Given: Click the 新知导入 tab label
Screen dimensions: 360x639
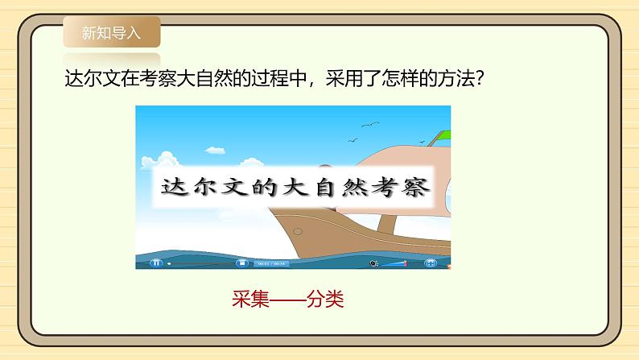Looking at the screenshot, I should pos(111,33).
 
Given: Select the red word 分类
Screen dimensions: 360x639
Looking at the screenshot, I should pos(327,300).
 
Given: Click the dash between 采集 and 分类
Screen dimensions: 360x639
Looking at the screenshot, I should pos(287,300).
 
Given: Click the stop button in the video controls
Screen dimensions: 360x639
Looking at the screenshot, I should pos(240,263).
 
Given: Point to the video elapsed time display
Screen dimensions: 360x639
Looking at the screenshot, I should pos(271,263).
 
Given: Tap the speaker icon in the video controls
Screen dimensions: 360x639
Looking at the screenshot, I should pos(373,263).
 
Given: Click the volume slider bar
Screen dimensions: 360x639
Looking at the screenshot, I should pos(394,263).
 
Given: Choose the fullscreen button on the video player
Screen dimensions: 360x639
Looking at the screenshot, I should pos(431,263).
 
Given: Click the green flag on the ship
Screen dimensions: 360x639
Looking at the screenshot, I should pos(440,135).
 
